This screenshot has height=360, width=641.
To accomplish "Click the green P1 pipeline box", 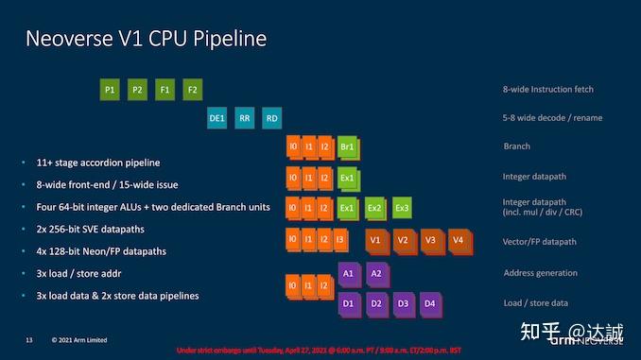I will (111, 91).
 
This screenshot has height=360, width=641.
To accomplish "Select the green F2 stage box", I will (193, 91).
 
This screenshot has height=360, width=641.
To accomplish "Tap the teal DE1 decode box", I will (217, 118).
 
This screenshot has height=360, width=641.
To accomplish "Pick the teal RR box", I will (245, 118).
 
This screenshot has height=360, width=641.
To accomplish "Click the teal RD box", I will (272, 118).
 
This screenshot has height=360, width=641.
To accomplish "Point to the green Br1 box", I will (347, 147).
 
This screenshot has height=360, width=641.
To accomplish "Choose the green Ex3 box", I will (403, 207).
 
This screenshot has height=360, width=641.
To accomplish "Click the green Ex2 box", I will (375, 207).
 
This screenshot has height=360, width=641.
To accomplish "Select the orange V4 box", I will (458, 240).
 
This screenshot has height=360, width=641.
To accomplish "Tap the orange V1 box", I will (375, 240).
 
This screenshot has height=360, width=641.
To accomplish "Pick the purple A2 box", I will (375, 273).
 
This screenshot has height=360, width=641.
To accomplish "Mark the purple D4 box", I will (429, 304).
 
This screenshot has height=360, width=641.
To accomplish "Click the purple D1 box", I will (348, 304).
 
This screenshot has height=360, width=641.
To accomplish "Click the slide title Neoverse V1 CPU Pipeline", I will (146, 39).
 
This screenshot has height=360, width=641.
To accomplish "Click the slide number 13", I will (29, 338).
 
